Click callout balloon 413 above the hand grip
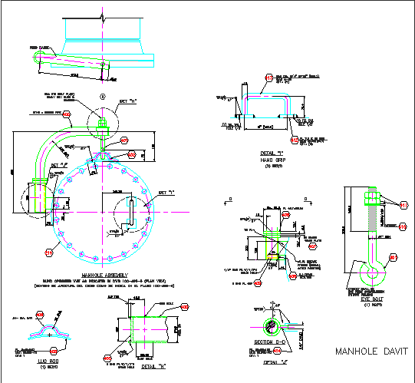268,77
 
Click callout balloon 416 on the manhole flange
50,252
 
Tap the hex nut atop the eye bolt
371,201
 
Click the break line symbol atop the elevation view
103,15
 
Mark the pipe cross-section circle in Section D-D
268,322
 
